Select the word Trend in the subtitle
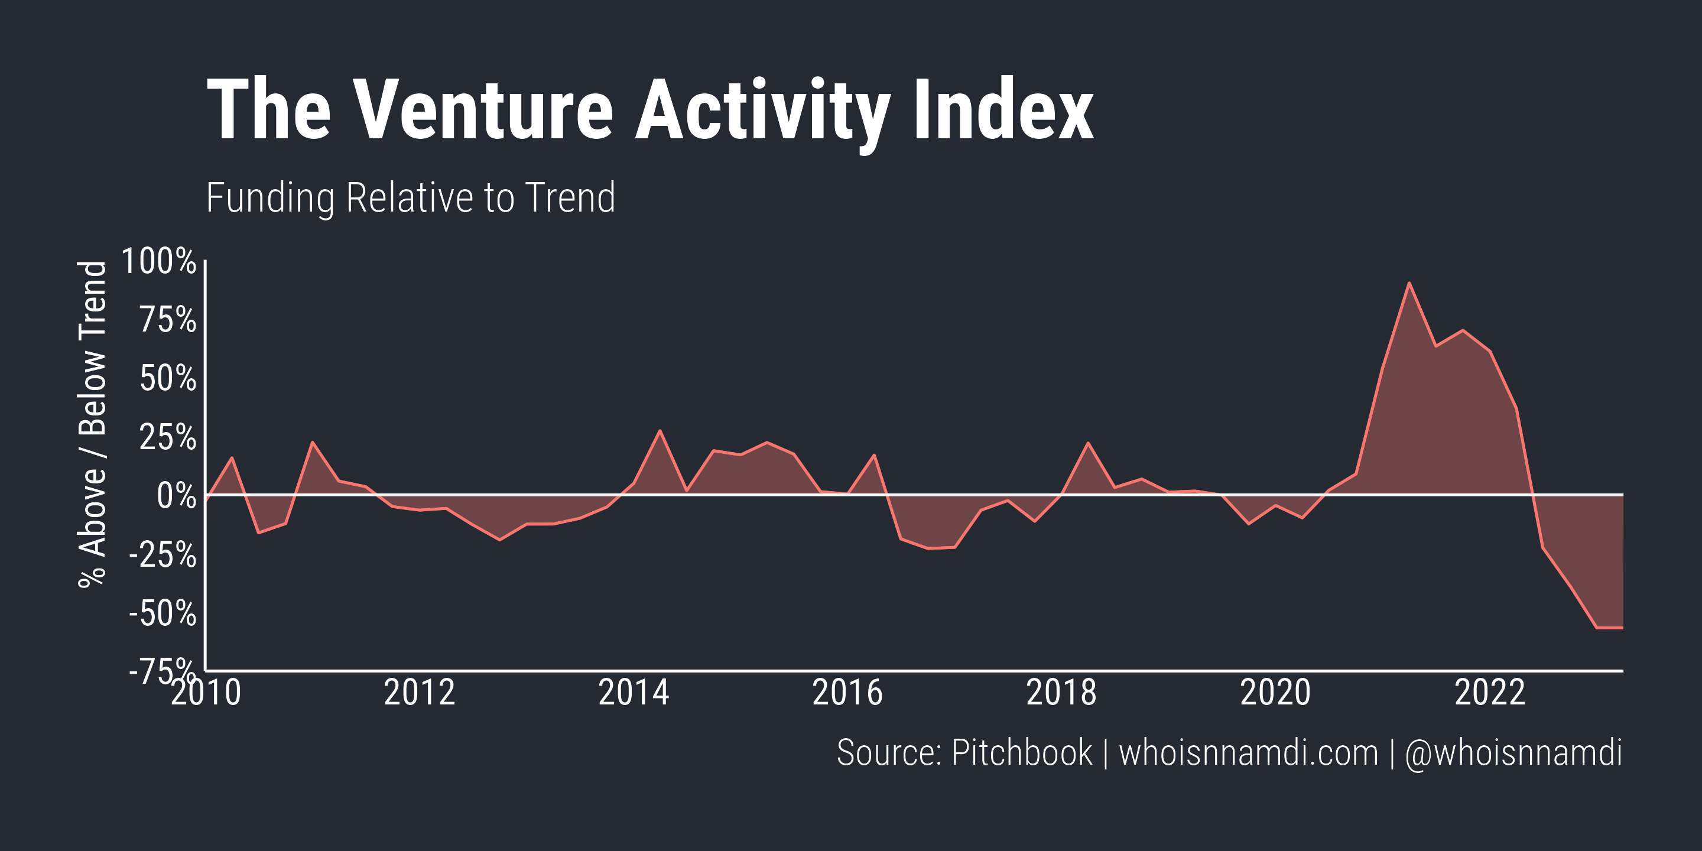click(570, 197)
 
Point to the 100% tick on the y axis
click(158, 261)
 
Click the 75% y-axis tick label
click(168, 320)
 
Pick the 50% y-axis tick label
click(168, 379)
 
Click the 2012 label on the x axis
click(420, 693)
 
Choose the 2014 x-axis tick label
click(634, 693)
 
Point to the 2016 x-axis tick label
click(847, 693)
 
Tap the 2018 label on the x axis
click(1061, 693)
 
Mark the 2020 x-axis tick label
click(1275, 693)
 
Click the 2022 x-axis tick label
click(1490, 693)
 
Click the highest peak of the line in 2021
click(1409, 284)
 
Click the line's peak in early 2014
click(660, 431)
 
